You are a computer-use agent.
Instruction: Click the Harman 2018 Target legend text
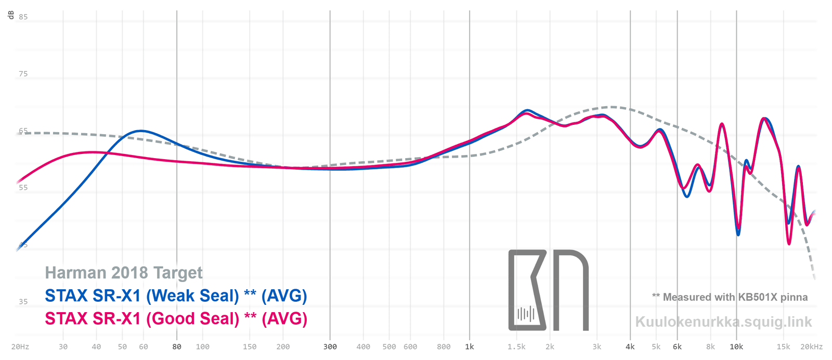tap(124, 273)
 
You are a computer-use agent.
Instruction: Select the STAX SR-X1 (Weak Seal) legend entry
tap(176, 295)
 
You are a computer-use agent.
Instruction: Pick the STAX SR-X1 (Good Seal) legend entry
tap(176, 318)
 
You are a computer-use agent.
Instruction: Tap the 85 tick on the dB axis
tap(23, 17)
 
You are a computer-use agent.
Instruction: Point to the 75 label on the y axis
tap(23, 74)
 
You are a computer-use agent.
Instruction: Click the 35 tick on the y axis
tap(23, 302)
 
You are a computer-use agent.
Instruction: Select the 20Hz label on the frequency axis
tap(20, 346)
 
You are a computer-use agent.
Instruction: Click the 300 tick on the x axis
tap(330, 346)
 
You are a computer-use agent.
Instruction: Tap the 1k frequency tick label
tap(470, 346)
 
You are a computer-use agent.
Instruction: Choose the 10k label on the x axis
tap(736, 346)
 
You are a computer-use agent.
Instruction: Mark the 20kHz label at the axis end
tap(811, 346)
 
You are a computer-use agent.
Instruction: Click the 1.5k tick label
tap(516, 346)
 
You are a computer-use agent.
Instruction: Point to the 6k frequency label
tap(677, 346)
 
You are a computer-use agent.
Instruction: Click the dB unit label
tap(10, 16)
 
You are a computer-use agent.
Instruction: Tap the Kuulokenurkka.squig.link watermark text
tap(723, 322)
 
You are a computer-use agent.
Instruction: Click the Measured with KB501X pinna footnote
tap(730, 297)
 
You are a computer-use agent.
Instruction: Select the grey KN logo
tap(548, 290)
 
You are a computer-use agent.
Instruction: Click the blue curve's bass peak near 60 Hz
tap(140, 131)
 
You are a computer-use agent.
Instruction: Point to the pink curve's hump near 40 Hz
tap(93, 152)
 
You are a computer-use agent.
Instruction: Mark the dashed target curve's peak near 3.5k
tap(613, 107)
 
